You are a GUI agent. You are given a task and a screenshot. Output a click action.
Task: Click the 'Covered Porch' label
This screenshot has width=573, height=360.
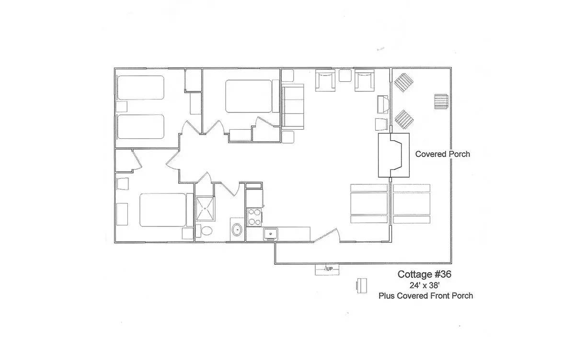[x=442, y=154]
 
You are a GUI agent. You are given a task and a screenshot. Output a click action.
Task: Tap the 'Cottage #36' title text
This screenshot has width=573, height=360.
[x=424, y=275]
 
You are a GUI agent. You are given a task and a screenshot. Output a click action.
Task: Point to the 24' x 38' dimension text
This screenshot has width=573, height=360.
[x=425, y=285]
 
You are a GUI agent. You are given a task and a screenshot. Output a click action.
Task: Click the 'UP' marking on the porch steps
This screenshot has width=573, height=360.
[x=329, y=269]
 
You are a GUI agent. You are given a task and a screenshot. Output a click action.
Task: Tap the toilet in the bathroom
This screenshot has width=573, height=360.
[x=206, y=231]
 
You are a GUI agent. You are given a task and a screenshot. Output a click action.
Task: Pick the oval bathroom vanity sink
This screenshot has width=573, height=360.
[x=237, y=230]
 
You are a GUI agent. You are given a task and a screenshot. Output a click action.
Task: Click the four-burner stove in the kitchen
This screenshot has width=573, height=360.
[x=253, y=216]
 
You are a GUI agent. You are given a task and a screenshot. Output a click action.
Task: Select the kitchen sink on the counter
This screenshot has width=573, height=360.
[x=271, y=234]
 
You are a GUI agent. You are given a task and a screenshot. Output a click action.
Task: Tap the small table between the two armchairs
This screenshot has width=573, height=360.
[x=345, y=76]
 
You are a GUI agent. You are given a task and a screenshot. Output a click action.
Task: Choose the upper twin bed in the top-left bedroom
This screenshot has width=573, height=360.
[x=141, y=88]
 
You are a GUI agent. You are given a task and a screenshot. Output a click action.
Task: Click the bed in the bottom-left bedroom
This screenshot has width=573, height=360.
[x=162, y=210]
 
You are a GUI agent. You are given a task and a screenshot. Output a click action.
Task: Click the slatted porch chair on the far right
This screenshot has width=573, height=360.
[x=441, y=102]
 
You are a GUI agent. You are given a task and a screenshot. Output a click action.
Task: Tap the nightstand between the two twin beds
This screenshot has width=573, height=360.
[x=122, y=106]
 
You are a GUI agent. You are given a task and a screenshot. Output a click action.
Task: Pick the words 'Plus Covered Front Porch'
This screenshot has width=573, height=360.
[x=425, y=295]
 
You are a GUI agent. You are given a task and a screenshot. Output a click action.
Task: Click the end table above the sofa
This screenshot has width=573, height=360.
[x=287, y=76]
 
